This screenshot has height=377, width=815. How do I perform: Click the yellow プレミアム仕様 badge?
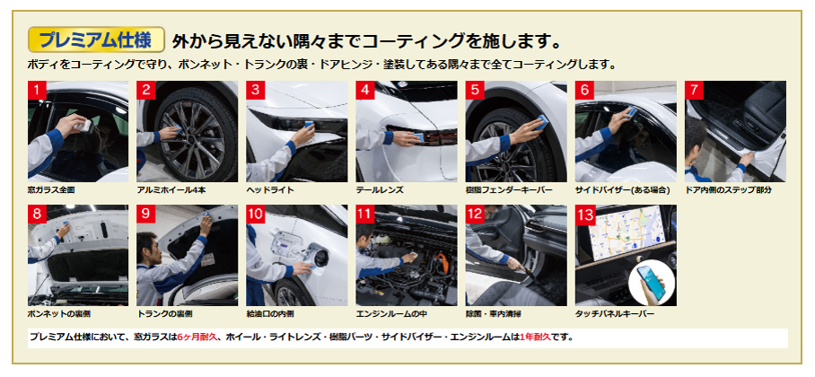coord(96,39)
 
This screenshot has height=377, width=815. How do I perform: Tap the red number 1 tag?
coord(37,90)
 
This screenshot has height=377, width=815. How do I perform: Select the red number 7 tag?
coord(694,90)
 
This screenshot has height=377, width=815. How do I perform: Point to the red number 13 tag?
coord(586,215)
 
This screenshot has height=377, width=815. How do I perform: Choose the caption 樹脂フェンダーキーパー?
coord(509,190)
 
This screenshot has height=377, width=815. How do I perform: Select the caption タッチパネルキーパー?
coord(614,314)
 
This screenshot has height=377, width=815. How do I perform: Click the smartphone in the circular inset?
coord(652,283)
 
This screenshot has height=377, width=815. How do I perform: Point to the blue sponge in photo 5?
coord(541,122)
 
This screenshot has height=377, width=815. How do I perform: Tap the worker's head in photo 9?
coord(147,244)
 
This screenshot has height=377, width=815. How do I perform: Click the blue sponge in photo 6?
coord(632,111)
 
